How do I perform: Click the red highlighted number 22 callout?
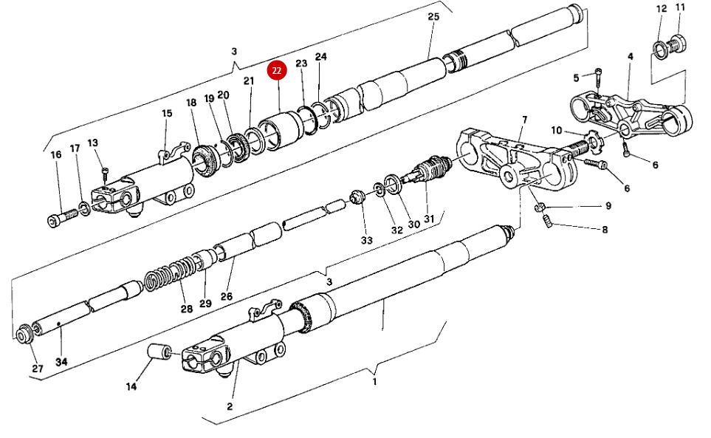276,71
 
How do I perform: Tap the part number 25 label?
433,17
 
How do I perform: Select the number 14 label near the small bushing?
131,386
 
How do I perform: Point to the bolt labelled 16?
63,216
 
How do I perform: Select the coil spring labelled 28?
171,274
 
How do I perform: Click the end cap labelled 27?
24,333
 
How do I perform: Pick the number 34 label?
61,363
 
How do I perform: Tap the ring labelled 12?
659,49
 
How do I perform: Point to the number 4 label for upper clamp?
630,56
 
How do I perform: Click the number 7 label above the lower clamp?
524,120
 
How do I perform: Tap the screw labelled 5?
597,74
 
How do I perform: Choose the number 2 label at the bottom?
230,406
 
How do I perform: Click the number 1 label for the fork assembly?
374,382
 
